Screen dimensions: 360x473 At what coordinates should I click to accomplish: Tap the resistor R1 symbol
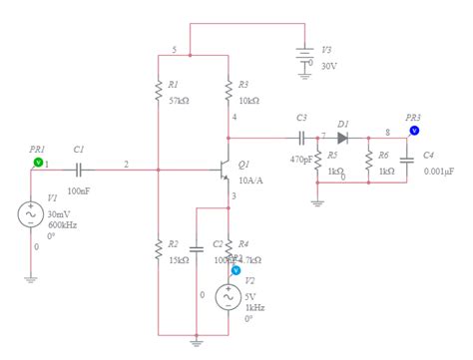158,92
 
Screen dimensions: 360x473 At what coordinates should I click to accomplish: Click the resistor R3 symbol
229,92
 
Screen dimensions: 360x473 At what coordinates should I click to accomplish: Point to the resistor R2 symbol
158,249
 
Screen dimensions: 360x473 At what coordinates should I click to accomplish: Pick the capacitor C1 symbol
76,166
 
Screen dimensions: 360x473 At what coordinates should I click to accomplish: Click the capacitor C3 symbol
300,137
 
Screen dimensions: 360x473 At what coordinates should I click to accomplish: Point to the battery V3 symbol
305,56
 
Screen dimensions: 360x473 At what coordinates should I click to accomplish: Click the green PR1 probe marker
38,160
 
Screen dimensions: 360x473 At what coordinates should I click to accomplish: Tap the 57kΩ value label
181,101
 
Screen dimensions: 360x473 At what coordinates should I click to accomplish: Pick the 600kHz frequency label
62,225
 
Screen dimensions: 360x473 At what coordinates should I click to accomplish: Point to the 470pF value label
302,159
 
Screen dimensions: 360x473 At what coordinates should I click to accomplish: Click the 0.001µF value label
437,171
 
